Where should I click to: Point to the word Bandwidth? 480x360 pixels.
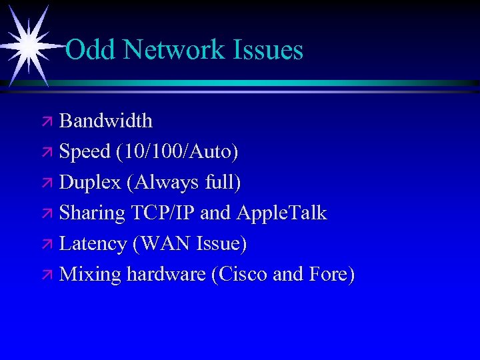[x=106, y=121]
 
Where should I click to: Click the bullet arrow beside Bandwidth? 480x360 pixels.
[x=48, y=122]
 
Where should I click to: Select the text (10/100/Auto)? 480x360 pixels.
[x=177, y=152]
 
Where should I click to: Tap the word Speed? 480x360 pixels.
[x=85, y=151]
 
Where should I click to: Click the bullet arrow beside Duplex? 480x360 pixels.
[x=48, y=183]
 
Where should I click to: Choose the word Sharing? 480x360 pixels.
[x=92, y=213]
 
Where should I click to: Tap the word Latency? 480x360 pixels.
[x=93, y=243]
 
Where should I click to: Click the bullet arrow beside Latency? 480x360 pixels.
[x=48, y=245]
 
